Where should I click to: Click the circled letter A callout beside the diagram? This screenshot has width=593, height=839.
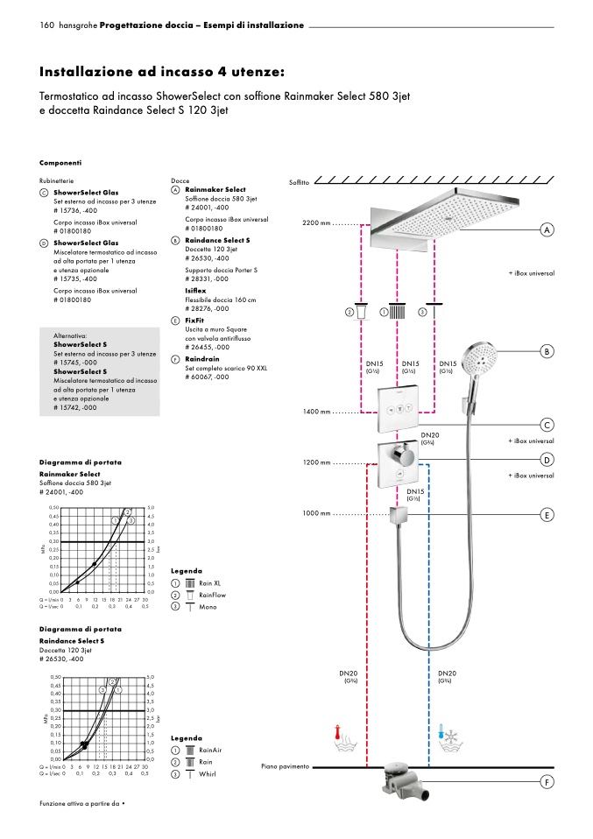(547, 229)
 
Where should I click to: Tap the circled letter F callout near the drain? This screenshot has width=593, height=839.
(547, 781)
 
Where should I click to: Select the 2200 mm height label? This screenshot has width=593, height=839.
(317, 224)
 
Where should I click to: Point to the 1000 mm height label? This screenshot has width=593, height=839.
(317, 513)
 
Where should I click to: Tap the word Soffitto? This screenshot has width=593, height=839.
(300, 182)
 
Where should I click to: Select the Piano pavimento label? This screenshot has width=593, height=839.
(286, 766)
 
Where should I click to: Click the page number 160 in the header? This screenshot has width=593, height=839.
(47, 25)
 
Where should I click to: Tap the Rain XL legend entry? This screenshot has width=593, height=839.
(209, 582)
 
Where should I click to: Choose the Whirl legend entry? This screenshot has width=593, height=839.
(208, 774)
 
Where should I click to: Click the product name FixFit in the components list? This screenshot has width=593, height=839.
(194, 321)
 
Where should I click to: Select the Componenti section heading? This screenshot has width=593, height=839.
(60, 163)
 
